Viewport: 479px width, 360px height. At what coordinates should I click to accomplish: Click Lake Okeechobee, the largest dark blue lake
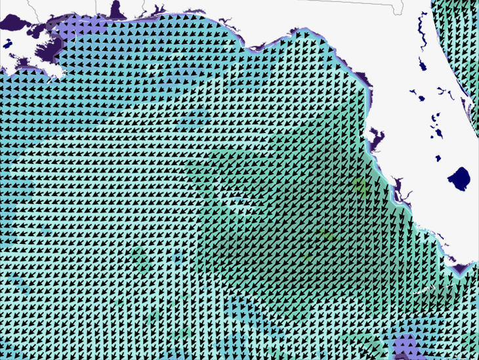459,177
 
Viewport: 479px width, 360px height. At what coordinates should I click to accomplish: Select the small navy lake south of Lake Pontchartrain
8,44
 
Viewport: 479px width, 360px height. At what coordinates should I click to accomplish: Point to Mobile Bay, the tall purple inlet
117,10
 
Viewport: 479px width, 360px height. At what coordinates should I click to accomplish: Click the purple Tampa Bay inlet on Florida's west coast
377,140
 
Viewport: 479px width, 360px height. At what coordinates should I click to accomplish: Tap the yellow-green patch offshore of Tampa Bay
360,186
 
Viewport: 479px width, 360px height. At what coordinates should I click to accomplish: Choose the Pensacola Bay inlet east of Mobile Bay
157,10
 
